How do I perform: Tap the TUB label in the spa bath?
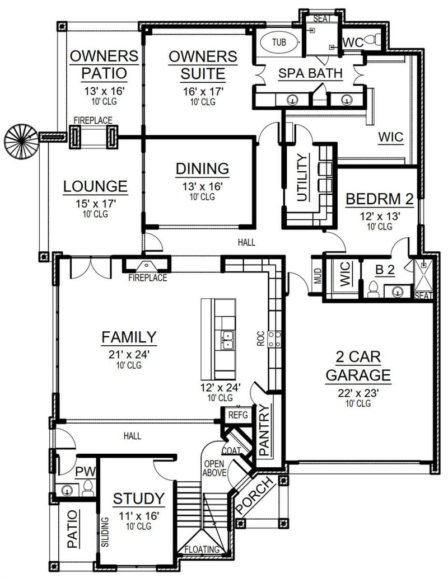[x=278, y=42]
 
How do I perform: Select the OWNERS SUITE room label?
[x=203, y=65]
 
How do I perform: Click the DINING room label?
[x=202, y=168]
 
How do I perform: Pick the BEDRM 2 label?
[x=372, y=199]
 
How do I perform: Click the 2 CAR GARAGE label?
[x=358, y=366]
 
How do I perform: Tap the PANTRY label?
[x=265, y=429]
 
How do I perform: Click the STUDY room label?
[x=139, y=499]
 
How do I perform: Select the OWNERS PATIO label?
[x=104, y=65]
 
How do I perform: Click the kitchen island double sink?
[x=227, y=340]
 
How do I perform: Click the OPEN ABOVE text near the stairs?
[x=214, y=468]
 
